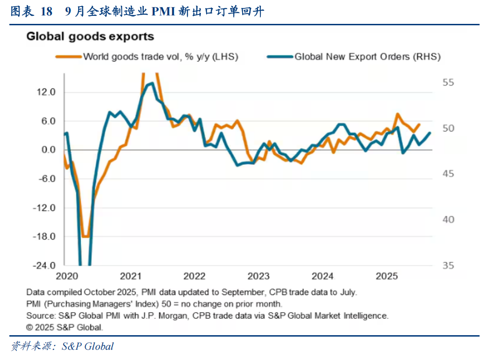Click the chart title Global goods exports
pos(90,36)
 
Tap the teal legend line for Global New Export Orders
pos(280,57)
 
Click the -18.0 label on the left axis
pos(44,236)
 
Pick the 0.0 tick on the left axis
pos(48,150)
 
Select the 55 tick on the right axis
pos(448,82)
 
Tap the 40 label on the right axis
pos(448,220)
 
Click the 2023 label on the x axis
pos(259,276)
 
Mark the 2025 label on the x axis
pos(387,276)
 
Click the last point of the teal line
pos(430,133)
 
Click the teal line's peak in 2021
pos(151,84)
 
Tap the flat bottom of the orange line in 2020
pos(85,236)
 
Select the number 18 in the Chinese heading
pos(46,12)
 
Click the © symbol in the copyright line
pos(30,327)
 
